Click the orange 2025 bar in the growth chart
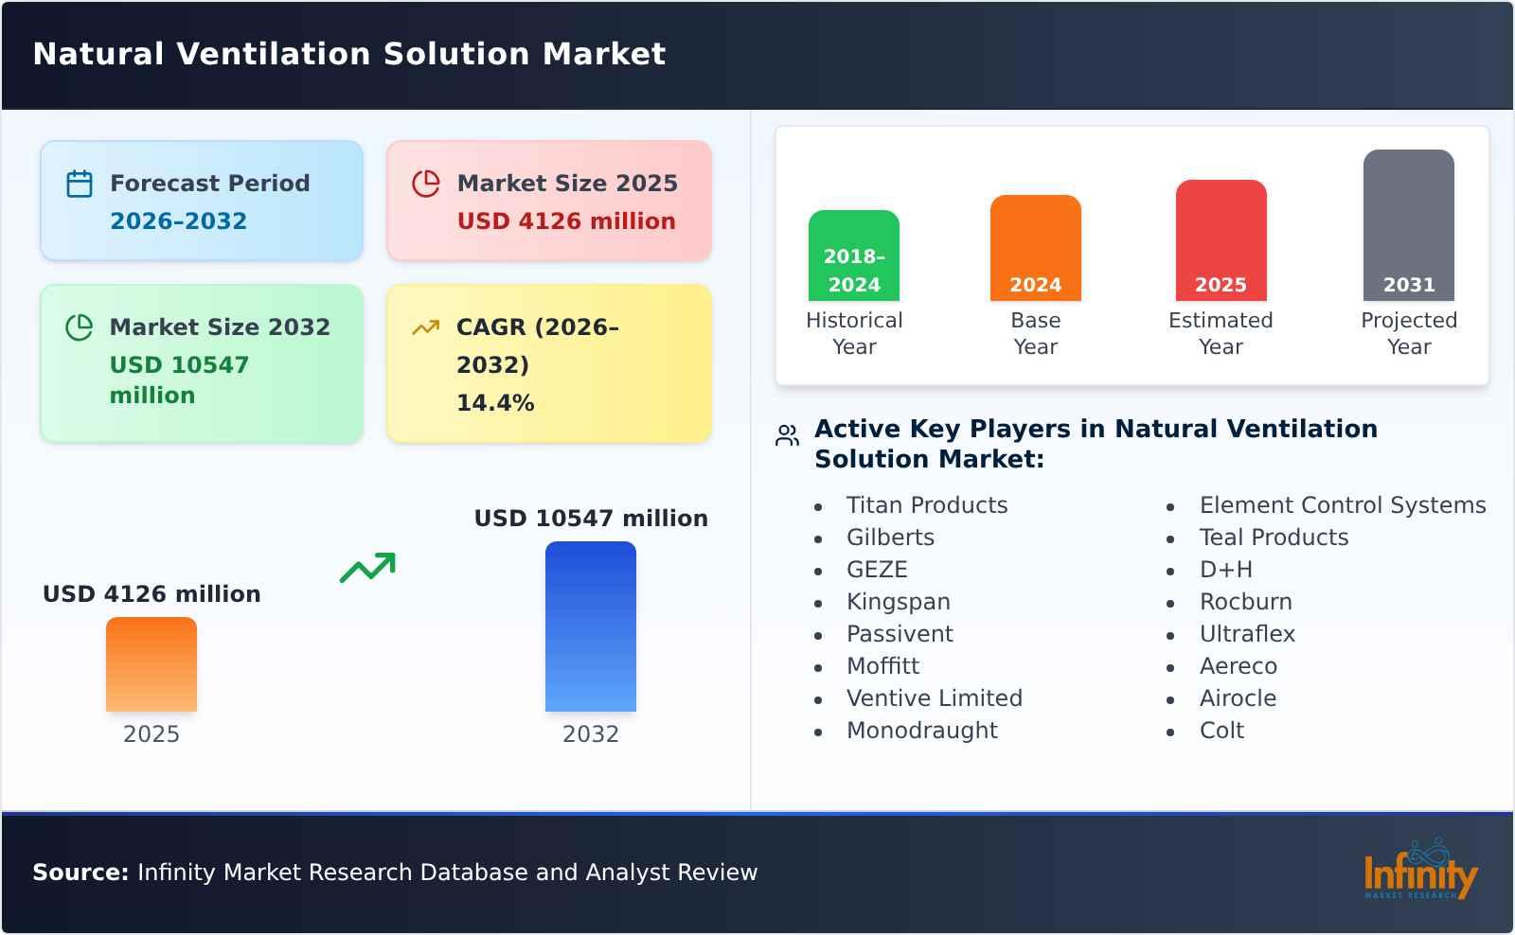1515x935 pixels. [151, 664]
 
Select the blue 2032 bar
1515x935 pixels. [590, 626]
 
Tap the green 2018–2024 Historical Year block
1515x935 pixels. [853, 256]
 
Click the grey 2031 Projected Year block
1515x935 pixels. [1408, 225]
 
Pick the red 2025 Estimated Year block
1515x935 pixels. [1221, 240]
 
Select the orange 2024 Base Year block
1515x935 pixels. [1035, 248]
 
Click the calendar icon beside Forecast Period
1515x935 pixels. [80, 184]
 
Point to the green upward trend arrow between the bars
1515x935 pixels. [367, 568]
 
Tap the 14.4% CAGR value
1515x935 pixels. [495, 403]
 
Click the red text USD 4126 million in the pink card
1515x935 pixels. [566, 221]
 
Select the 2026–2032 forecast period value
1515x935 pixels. [178, 221]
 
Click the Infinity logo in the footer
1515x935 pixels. [1419, 872]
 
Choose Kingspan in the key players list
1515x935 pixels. [898, 602]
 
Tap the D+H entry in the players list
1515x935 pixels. [1225, 570]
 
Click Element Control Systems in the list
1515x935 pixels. [1342, 505]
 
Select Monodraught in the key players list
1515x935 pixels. [921, 731]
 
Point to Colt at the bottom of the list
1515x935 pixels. [1221, 731]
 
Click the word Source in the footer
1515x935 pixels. [80, 873]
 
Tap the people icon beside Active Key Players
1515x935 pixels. [787, 435]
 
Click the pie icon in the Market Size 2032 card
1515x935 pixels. [80, 327]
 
